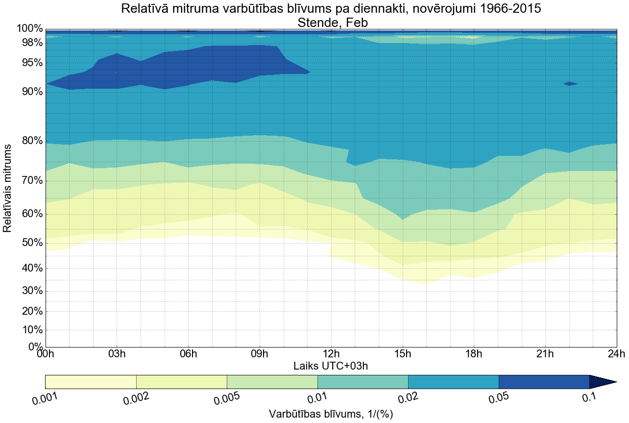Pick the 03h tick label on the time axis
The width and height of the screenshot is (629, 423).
click(x=117, y=354)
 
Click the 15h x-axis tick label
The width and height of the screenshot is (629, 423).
click(x=403, y=354)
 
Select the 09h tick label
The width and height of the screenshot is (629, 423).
click(x=260, y=354)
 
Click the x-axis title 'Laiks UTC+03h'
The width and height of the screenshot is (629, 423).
click(x=331, y=366)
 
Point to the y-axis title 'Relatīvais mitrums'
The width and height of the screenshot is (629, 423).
click(x=8, y=188)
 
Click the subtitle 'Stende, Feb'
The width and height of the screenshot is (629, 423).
click(x=331, y=22)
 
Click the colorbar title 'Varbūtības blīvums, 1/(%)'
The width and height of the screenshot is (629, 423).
click(x=331, y=414)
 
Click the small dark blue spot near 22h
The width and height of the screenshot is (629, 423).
click(x=570, y=84)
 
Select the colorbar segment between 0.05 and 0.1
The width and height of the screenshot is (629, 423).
click(x=544, y=382)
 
